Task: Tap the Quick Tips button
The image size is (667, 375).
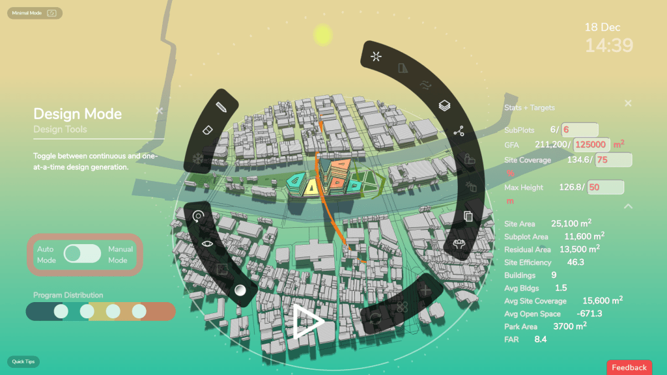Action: tap(23, 361)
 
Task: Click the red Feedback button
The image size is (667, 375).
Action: tap(629, 367)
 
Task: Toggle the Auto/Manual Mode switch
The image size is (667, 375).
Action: tap(83, 254)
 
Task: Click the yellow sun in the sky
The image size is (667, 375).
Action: tap(323, 35)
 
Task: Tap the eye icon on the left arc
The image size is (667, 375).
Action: tap(207, 243)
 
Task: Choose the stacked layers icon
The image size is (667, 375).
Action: tap(444, 105)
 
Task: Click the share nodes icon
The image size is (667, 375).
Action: tap(458, 131)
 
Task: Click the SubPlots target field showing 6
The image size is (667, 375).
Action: tap(580, 130)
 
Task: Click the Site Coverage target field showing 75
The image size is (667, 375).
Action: tap(612, 160)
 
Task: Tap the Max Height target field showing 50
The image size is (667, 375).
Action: tap(605, 187)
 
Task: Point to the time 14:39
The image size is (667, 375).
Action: tap(608, 45)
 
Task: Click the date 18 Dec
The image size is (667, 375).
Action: tap(602, 27)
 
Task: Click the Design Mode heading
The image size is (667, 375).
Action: tap(78, 114)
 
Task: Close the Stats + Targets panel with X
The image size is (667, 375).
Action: tap(628, 104)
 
